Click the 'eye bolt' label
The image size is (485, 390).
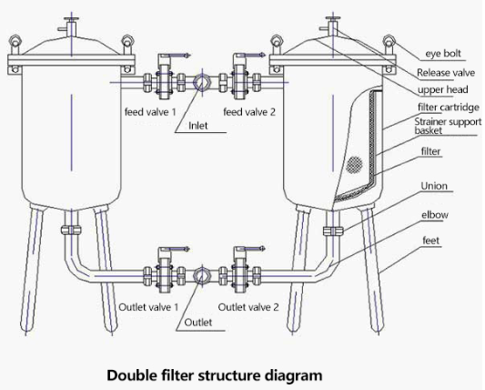[443, 53]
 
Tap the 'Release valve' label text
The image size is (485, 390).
[446, 73]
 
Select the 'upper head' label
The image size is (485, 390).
[442, 90]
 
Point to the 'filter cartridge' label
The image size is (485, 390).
[449, 108]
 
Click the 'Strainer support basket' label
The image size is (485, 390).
[448, 126]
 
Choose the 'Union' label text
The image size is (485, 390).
[434, 186]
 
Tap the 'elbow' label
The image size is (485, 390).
[435, 215]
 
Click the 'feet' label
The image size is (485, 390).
[431, 241]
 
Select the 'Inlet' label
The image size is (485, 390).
[198, 126]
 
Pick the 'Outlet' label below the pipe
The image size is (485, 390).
[198, 323]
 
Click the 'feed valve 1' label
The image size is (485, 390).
[150, 112]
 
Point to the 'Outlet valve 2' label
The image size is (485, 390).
[248, 307]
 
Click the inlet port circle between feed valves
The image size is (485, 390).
[202, 82]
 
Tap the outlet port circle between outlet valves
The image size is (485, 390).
[202, 276]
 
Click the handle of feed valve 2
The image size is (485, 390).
[249, 56]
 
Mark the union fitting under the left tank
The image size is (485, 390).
[71, 231]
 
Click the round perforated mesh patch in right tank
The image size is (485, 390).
[355, 165]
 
